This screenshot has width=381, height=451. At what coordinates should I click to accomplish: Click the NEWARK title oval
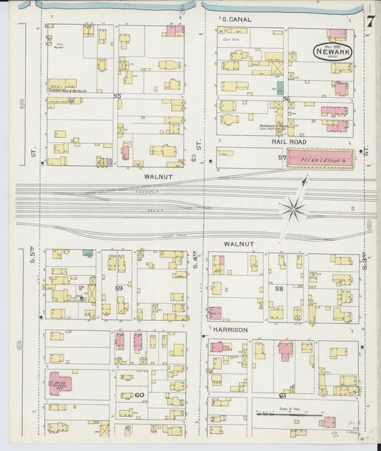pyautogui.click(x=333, y=51)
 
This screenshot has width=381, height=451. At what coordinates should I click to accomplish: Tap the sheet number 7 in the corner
pyautogui.click(x=370, y=21)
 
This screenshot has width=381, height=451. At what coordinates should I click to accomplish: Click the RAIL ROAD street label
pyautogui.click(x=289, y=142)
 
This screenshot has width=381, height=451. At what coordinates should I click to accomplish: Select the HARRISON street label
pyautogui.click(x=229, y=329)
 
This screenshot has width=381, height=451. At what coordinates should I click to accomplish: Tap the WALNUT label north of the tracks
pyautogui.click(x=158, y=174)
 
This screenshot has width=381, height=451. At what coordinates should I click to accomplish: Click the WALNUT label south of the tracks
pyautogui.click(x=239, y=244)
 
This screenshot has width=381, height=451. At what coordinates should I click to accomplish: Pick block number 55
pyautogui.click(x=117, y=96)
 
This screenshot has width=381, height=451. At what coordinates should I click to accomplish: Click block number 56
pyautogui.click(x=286, y=99)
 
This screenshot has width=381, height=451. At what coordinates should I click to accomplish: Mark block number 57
pyautogui.click(x=282, y=157)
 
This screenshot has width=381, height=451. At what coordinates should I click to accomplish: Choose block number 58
pyautogui.click(x=279, y=288)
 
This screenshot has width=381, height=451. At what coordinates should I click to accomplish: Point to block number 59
pyautogui.click(x=119, y=289)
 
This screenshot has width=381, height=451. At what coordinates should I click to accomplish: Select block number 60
pyautogui.click(x=139, y=395)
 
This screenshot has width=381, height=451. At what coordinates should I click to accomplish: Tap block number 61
pyautogui.click(x=282, y=395)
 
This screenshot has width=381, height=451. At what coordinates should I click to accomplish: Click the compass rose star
pyautogui.click(x=293, y=209)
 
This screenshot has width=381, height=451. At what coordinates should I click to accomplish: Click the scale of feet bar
pyautogui.click(x=289, y=414)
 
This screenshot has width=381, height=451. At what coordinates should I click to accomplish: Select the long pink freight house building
pyautogui.click(x=320, y=159)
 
